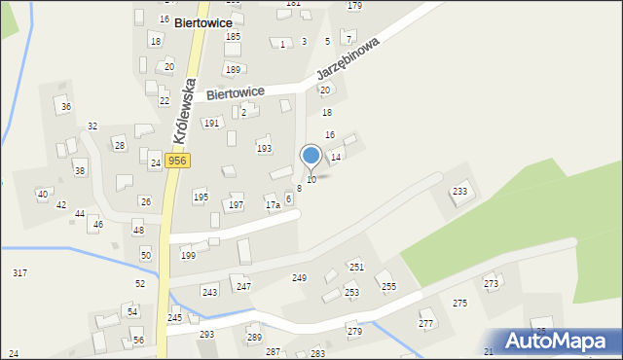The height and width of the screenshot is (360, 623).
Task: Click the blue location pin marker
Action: pyautogui.click(x=311, y=156)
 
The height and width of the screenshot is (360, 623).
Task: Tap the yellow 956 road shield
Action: pyautogui.click(x=176, y=161)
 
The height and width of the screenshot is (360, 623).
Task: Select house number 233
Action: pyautogui.click(x=459, y=192)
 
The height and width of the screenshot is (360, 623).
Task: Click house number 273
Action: pyautogui.click(x=491, y=283)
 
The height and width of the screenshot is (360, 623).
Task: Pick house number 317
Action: pyautogui.click(x=19, y=273)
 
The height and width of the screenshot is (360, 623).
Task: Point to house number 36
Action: pyautogui.click(x=66, y=106)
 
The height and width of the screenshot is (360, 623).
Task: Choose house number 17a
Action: pyautogui.click(x=273, y=205)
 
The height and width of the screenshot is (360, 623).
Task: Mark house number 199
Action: pyautogui.click(x=188, y=255)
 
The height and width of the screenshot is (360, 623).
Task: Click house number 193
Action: pyautogui.click(x=264, y=149)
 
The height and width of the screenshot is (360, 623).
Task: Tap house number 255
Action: pyautogui.click(x=388, y=286)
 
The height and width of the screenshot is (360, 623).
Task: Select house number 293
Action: pyautogui.click(x=206, y=334)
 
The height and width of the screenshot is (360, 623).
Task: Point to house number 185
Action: pyautogui.click(x=233, y=36)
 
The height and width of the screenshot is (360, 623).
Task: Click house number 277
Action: pyautogui.click(x=425, y=323)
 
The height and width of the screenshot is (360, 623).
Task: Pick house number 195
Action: pyautogui.click(x=201, y=198)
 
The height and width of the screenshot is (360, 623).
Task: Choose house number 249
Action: pyautogui.click(x=300, y=278)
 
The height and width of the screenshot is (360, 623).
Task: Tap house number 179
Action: pyautogui.click(x=354, y=6)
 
